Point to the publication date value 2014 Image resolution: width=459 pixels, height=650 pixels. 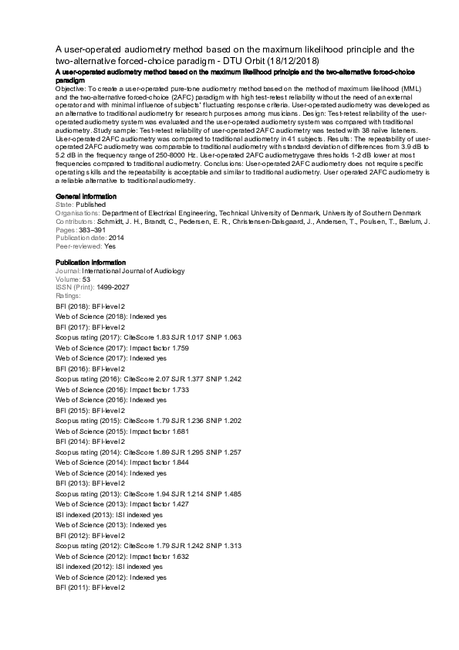116,239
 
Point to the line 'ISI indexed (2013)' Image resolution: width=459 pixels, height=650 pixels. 110,514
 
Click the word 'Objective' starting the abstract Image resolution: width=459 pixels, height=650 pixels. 71,90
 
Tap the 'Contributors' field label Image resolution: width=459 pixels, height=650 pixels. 76,222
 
